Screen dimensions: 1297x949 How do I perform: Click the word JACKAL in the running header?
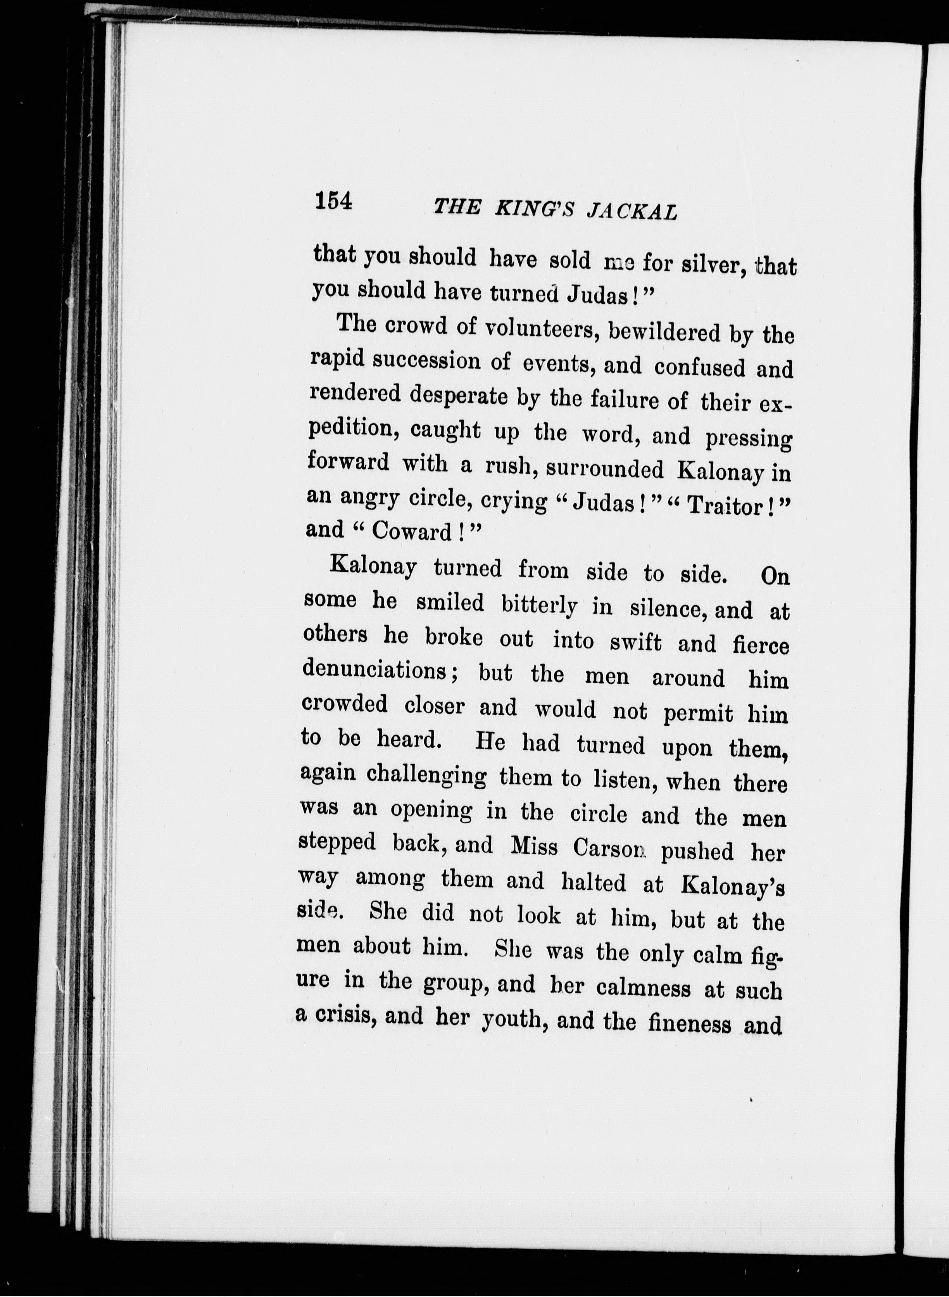click(632, 211)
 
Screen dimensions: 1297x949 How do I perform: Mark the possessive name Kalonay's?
click(732, 885)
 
